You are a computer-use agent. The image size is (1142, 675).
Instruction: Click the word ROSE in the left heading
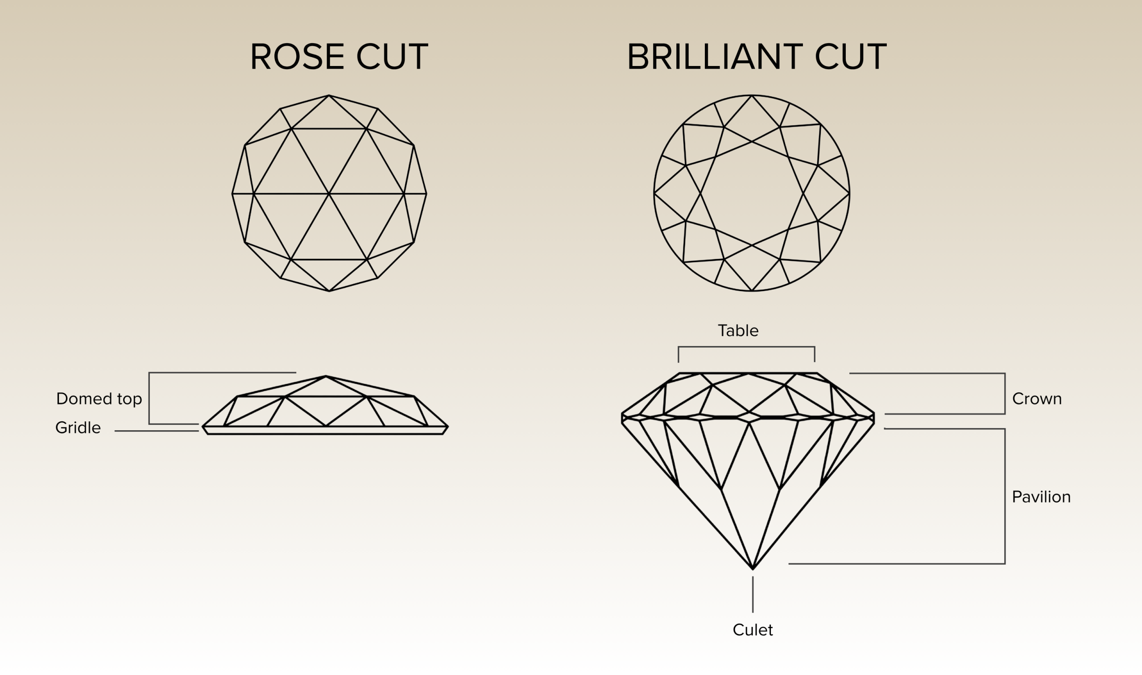[x=298, y=57]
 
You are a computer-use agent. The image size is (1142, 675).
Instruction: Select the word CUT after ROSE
[x=392, y=57]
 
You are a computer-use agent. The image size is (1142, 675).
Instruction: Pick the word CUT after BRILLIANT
[x=851, y=57]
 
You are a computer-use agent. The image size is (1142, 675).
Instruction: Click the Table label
[x=738, y=331]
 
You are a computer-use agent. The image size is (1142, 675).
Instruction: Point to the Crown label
[x=1037, y=399]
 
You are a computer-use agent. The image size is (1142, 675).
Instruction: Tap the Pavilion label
[x=1041, y=497]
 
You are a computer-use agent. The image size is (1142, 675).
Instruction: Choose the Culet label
[x=753, y=630]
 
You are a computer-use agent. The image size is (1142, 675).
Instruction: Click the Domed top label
[x=99, y=399]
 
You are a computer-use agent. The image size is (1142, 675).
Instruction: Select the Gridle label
[x=78, y=428]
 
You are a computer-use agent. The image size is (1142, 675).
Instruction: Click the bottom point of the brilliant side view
[x=753, y=568]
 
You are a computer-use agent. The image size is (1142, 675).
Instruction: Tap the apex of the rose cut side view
[x=326, y=376]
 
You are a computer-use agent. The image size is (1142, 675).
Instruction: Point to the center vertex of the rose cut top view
[x=328, y=194]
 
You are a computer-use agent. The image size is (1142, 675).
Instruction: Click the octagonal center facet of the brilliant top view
[x=752, y=193]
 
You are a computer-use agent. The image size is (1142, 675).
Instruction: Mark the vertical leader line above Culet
[x=753, y=594]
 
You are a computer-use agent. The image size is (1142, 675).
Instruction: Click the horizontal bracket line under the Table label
[x=746, y=347]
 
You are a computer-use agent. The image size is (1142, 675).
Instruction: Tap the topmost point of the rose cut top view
[x=328, y=95]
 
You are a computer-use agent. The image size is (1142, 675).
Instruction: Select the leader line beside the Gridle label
[x=157, y=431]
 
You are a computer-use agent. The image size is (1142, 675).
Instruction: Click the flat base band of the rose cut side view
[x=325, y=430]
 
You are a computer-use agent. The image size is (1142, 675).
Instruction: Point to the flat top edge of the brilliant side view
[x=748, y=373]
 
